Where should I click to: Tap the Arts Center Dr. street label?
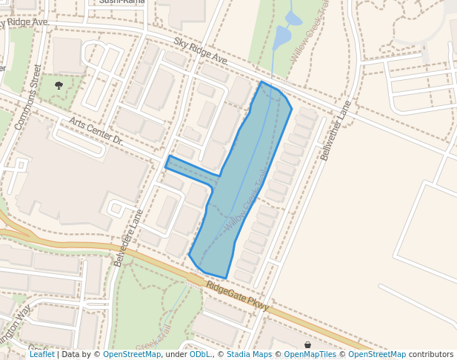[95, 131]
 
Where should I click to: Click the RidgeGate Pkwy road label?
[237, 296]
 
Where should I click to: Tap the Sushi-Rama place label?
[121, 2]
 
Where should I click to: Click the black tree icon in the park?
[59, 86]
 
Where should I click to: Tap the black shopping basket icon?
[308, 345]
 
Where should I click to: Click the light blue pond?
[284, 35]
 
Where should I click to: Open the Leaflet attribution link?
[42, 355]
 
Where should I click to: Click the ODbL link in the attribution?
[199, 355]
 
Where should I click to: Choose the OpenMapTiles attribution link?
[310, 355]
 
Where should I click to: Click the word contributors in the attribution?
[431, 355]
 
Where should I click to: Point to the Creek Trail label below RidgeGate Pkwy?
[153, 337]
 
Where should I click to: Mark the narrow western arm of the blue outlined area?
[189, 167]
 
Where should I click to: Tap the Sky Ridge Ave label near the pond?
[201, 50]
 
